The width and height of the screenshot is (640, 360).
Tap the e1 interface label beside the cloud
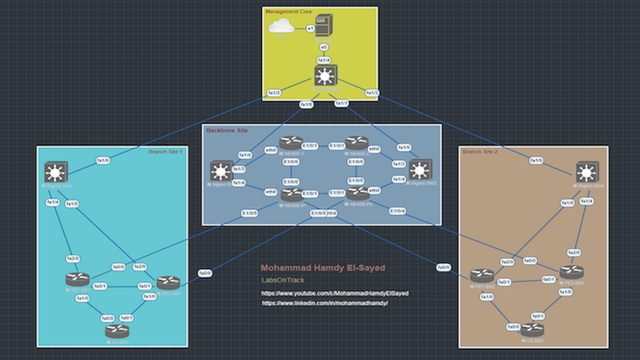(310, 28)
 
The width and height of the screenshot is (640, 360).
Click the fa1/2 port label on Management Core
(274, 93)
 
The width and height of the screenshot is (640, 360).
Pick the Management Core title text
(289, 12)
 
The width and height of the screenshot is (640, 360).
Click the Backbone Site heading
(227, 130)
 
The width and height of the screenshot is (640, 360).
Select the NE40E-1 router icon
(291, 142)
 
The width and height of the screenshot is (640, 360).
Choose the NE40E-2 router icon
(357, 142)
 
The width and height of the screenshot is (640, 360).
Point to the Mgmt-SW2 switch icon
(420, 170)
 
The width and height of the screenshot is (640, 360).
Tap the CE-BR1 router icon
(117, 331)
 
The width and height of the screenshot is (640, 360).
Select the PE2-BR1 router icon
(168, 283)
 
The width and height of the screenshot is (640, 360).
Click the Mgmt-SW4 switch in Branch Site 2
(587, 172)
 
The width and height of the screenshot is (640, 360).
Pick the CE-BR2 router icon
(532, 330)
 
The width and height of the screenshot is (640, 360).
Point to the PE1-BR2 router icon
(482, 276)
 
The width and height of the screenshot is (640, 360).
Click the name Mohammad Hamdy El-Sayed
(323, 268)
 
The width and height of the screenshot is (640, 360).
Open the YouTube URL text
(335, 293)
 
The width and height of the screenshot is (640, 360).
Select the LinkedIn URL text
(325, 303)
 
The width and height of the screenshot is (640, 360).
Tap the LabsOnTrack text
(283, 280)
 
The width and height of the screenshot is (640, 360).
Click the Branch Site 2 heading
(479, 152)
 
